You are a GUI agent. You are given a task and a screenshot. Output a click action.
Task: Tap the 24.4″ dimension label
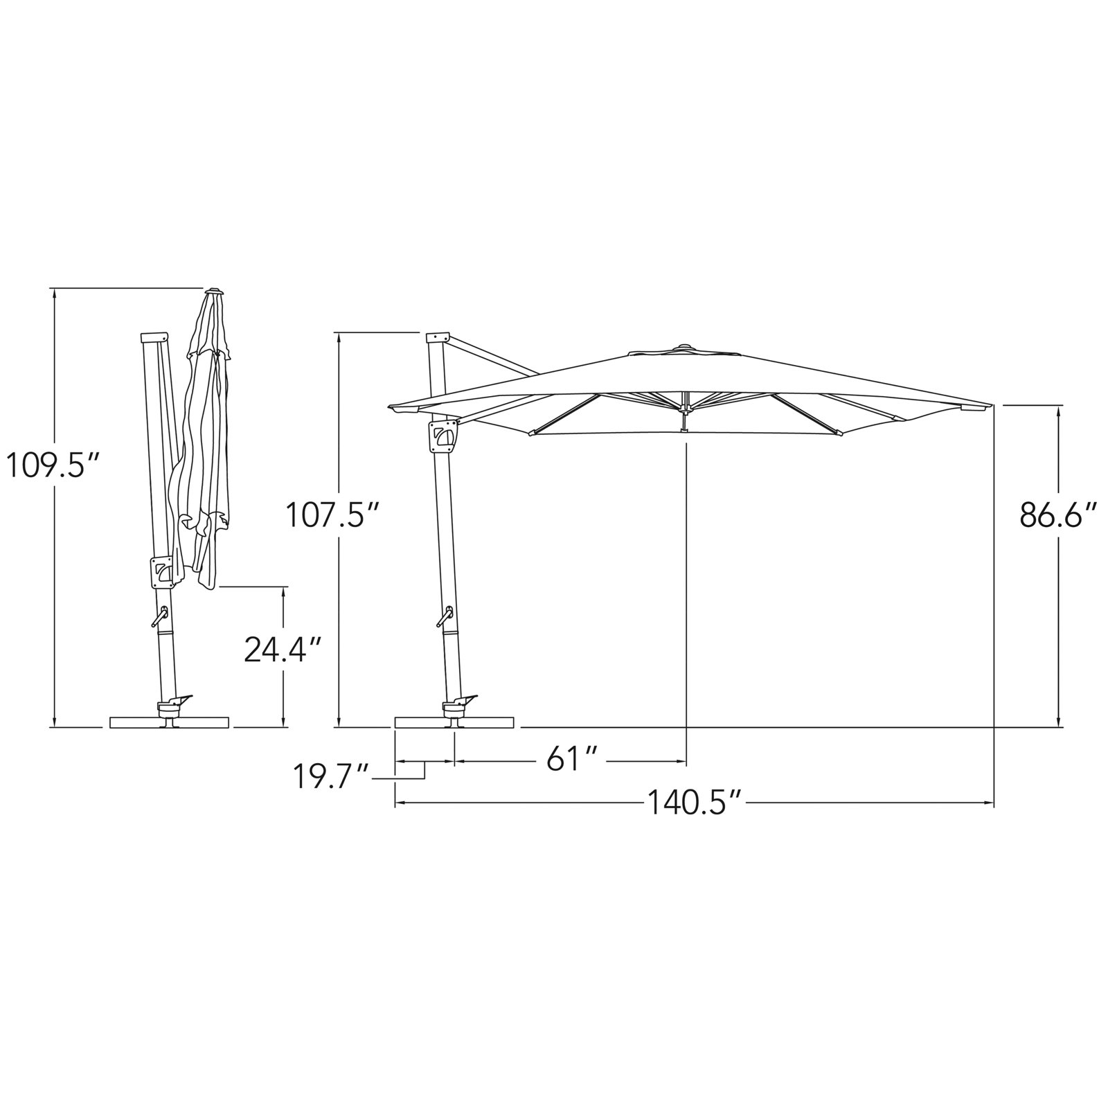click(283, 650)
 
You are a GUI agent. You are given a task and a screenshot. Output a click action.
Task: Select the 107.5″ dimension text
click(334, 516)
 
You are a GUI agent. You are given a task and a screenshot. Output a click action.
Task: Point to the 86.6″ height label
click(1059, 516)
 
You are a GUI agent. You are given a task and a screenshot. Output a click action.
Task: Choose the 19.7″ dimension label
click(330, 777)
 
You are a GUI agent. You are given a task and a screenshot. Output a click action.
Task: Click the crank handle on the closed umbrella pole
click(160, 616)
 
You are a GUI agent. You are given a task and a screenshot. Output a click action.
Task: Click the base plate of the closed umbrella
click(170, 722)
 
